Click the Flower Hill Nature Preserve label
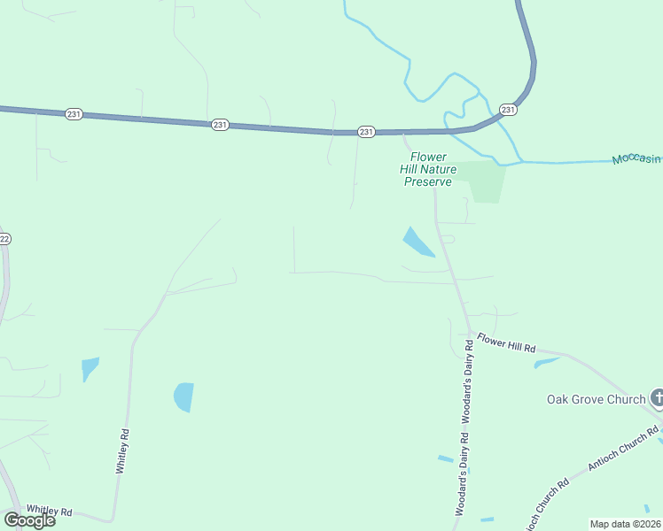428,169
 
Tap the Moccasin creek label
636,158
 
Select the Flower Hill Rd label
506,343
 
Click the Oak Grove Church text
595,399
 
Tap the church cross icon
657,398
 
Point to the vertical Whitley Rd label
124,451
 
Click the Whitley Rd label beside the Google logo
49,512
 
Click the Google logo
29,520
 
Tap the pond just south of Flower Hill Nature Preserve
417,242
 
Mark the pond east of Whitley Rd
183,396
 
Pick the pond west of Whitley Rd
90,367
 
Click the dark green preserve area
484,181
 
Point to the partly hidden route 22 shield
4,239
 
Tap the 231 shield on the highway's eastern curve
507,110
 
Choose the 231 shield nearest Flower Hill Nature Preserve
366,131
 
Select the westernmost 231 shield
74,114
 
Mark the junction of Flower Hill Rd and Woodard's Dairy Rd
470,333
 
